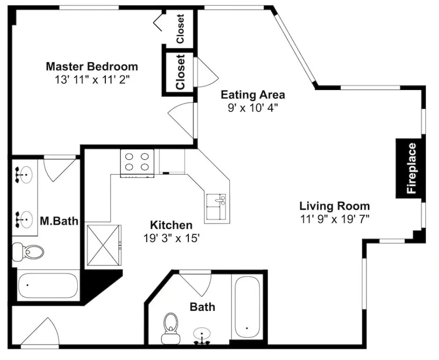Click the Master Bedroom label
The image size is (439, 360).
92,67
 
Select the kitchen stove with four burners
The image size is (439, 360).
137,163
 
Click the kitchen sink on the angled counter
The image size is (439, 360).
216,206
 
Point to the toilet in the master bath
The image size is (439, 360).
28,251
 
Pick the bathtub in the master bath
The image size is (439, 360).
48,286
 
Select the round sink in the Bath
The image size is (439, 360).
201,334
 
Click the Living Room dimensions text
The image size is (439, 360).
335,219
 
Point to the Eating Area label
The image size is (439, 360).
253,95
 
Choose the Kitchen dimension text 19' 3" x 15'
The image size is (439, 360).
171,238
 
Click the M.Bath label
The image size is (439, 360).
59,221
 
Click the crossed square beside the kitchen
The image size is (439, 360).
104,245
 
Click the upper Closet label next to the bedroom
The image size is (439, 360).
180,29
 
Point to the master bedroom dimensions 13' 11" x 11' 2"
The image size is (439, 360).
92,80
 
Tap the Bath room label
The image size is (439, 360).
202,307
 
